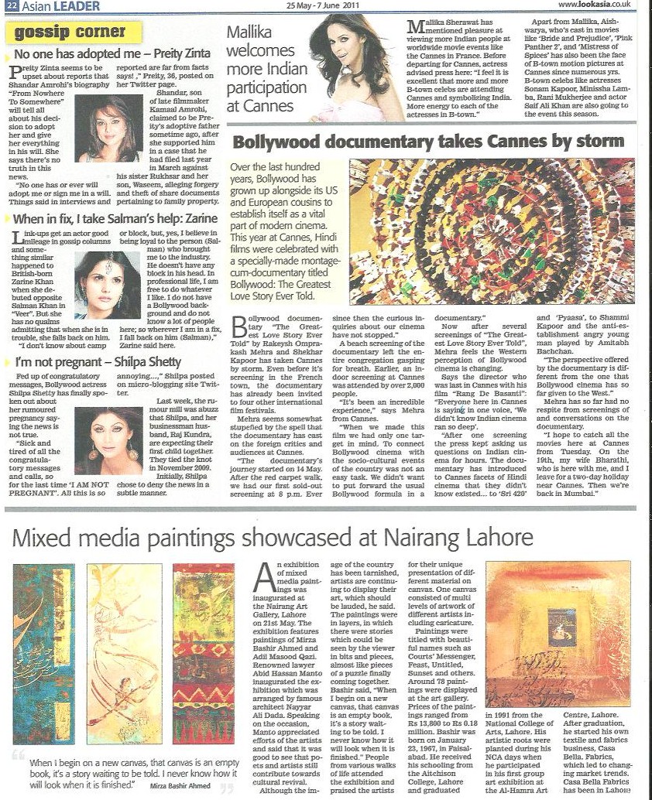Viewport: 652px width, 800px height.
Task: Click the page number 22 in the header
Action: pos(7,6)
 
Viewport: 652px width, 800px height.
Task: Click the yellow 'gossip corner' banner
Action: pos(74,32)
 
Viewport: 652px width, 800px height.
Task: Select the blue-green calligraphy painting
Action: pos(44,654)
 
